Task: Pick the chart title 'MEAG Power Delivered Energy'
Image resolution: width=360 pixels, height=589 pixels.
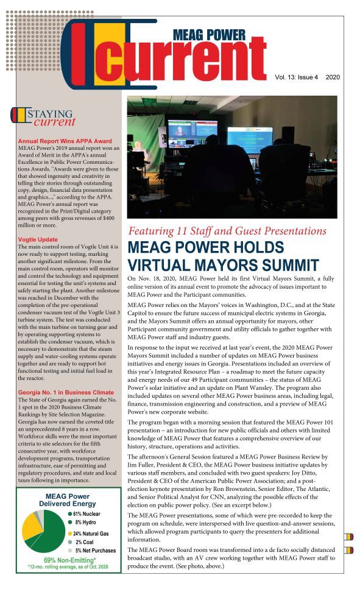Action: tap(68, 500)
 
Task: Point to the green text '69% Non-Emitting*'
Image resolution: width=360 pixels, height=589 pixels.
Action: tap(68, 560)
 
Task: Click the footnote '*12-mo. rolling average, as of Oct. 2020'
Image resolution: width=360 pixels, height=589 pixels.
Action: tap(68, 567)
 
